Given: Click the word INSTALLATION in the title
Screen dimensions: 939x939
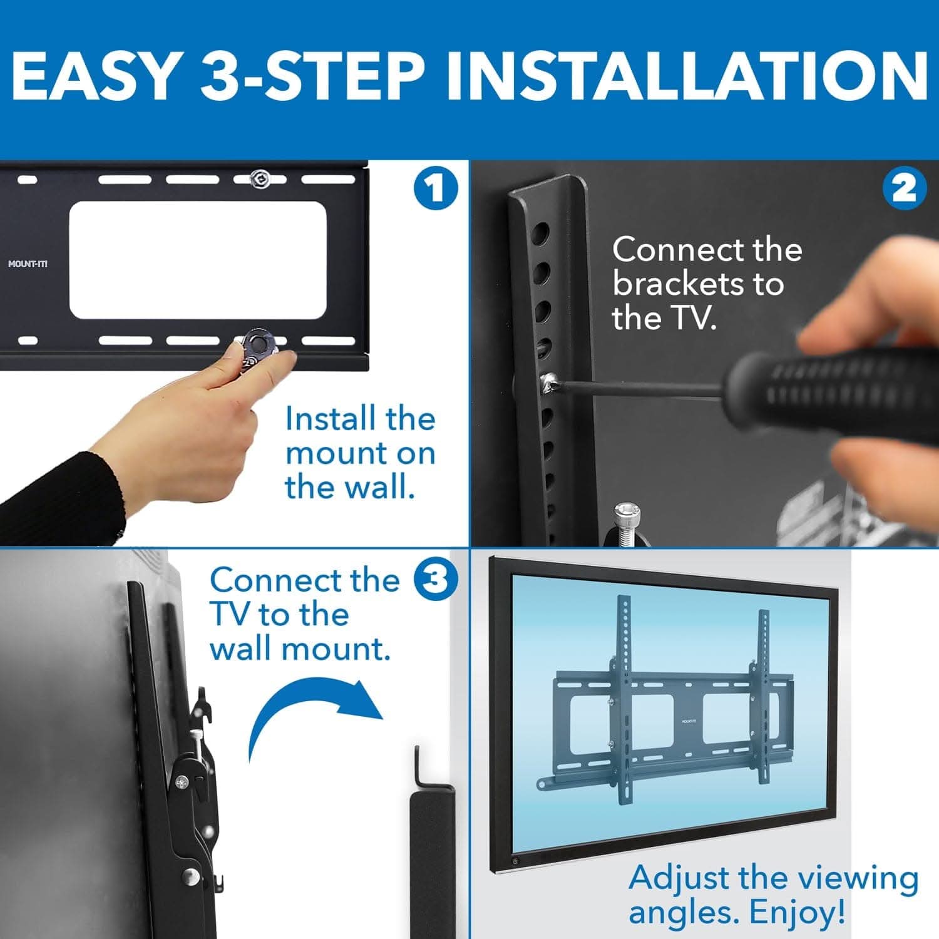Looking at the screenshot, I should [x=687, y=76].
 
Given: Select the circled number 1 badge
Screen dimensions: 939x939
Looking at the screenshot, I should [x=436, y=188].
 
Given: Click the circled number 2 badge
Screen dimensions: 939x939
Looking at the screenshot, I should [x=904, y=188].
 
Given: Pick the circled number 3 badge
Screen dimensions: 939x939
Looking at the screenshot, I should [x=436, y=580].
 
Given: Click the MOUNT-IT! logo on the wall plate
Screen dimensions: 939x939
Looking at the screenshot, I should [x=28, y=264].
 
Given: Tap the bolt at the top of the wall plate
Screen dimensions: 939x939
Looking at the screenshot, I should [x=259, y=179].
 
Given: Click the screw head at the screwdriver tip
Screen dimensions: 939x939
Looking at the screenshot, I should [x=550, y=381].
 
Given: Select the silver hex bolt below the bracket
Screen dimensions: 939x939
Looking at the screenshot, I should [x=627, y=516].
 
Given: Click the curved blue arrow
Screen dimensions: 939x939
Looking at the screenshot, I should [x=313, y=717].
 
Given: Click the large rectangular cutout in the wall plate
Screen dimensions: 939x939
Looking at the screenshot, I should [x=198, y=260].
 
